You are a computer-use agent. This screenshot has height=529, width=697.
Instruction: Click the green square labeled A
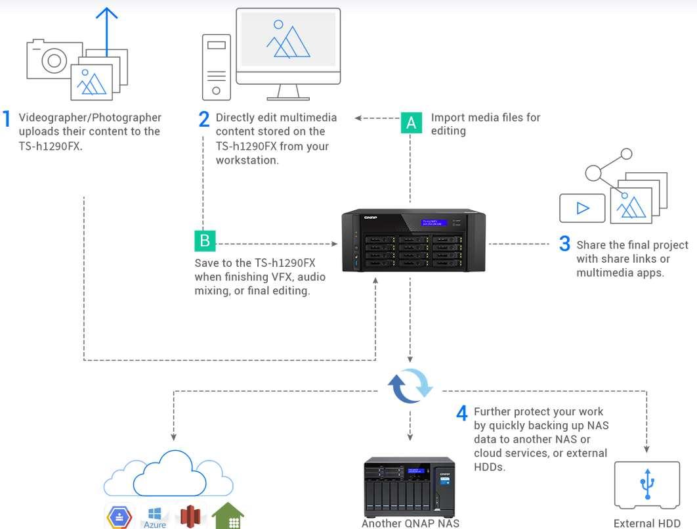pos(411,122)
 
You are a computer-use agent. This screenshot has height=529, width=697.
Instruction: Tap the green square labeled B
pos(205,241)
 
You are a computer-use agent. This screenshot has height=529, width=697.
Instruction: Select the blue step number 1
pos(6,119)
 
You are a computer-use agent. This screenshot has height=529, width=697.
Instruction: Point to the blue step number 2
pos(204,119)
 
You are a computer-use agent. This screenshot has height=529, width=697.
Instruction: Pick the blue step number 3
pos(564,243)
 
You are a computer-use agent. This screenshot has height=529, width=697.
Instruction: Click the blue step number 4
pos(462,413)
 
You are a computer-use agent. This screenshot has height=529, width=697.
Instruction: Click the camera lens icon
pos(54,60)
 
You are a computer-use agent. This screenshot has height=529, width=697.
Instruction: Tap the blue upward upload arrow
pos(107,31)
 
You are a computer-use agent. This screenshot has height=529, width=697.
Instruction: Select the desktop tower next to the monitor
pos(217,67)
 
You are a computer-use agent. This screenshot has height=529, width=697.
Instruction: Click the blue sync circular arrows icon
pos(410,385)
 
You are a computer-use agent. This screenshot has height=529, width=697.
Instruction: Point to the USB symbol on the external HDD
pos(647,484)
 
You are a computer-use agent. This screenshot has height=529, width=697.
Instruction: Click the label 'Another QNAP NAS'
pos(410,523)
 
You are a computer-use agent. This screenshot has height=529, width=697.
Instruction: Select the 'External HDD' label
pos(646,523)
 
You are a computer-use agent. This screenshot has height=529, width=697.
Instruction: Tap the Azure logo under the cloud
pos(155,517)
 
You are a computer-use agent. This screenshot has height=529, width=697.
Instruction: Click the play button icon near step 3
pos(582,208)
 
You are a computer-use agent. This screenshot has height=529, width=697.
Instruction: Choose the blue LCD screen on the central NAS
pos(434,223)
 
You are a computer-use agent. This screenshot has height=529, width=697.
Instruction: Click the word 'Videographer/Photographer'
pos(90,118)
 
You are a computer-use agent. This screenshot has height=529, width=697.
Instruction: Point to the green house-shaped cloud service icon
pos(228,516)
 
